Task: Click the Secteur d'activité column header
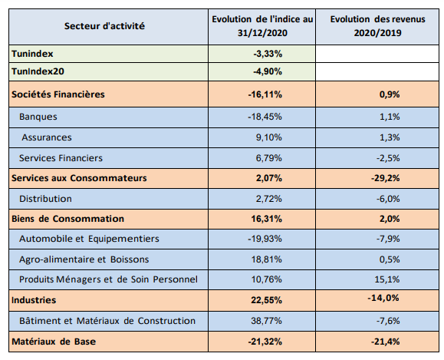[x=104, y=26]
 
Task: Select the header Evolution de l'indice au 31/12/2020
[x=262, y=26]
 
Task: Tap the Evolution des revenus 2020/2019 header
[x=377, y=26]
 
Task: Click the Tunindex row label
[x=32, y=54]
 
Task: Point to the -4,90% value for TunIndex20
[x=268, y=71]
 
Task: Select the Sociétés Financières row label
[x=58, y=94]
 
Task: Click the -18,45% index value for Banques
[x=265, y=117]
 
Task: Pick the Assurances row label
[x=47, y=137]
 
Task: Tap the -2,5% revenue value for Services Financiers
[x=388, y=158]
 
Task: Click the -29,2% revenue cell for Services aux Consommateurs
[x=386, y=178]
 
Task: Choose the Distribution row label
[x=45, y=199]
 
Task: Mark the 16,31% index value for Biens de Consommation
[x=266, y=219]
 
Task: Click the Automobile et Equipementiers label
[x=89, y=239]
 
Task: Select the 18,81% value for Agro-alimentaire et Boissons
[x=267, y=259]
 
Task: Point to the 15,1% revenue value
[x=387, y=279]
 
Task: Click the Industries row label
[x=34, y=300]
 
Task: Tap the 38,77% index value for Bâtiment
[x=266, y=321]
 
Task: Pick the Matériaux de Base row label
[x=54, y=342]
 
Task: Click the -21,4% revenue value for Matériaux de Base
[x=386, y=342]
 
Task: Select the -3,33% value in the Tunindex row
[x=268, y=54]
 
